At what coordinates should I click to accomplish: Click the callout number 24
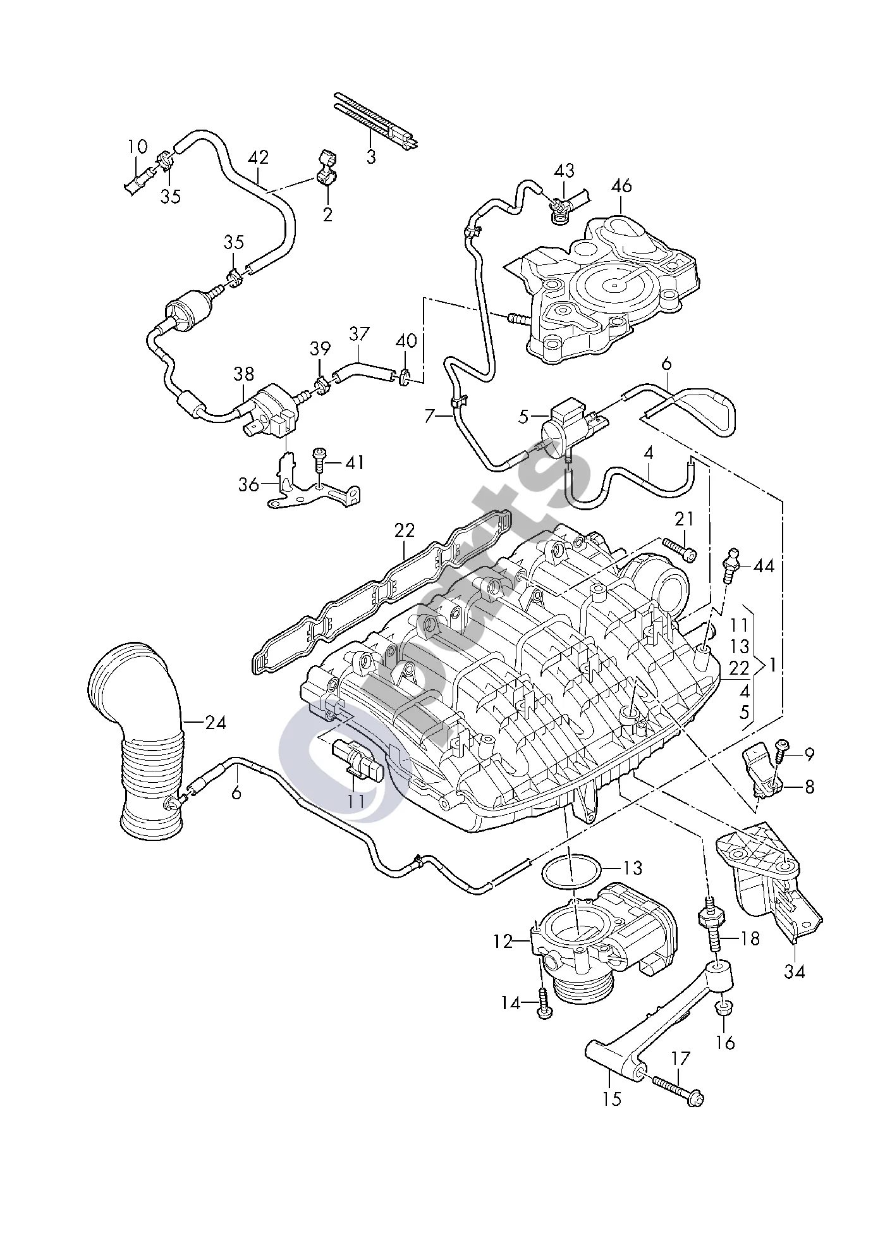(x=216, y=721)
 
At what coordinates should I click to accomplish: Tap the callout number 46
(x=621, y=186)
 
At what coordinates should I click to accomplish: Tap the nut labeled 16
(x=725, y=1007)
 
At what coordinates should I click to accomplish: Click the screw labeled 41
(x=320, y=462)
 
